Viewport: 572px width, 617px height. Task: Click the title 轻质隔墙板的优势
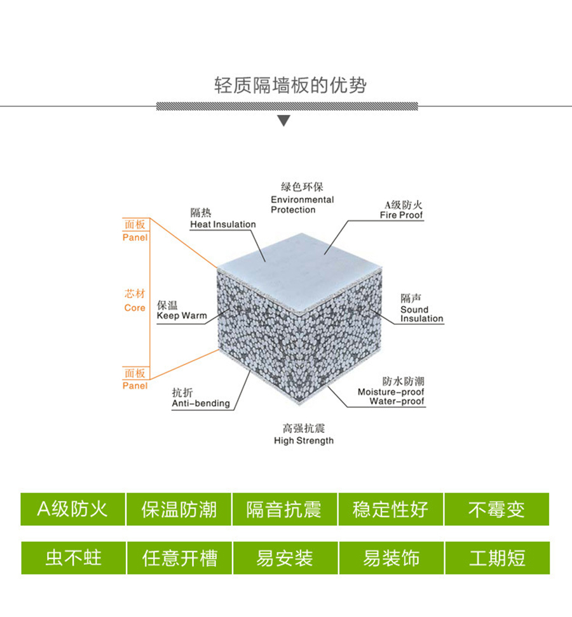click(290, 86)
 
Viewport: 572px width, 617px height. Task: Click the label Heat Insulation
click(223, 224)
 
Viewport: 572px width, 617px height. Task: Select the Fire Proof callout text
click(401, 215)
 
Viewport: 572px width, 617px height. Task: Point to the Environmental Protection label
click(302, 204)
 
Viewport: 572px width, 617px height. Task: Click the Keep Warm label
click(182, 315)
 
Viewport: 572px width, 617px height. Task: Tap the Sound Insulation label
click(421, 314)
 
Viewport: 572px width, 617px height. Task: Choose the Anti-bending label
click(201, 403)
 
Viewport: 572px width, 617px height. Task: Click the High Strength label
click(304, 441)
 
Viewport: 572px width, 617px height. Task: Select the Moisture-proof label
click(391, 392)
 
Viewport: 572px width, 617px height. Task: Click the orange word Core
click(135, 308)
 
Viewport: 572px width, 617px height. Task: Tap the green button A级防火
click(73, 509)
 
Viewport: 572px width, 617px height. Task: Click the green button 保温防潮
click(179, 509)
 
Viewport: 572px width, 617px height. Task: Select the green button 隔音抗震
click(285, 509)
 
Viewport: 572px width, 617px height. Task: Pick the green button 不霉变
click(497, 509)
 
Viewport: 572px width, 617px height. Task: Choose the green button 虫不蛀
click(74, 558)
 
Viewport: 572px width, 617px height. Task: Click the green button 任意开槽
click(180, 558)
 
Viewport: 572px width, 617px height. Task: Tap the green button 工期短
click(498, 558)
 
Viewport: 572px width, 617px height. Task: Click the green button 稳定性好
click(391, 509)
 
